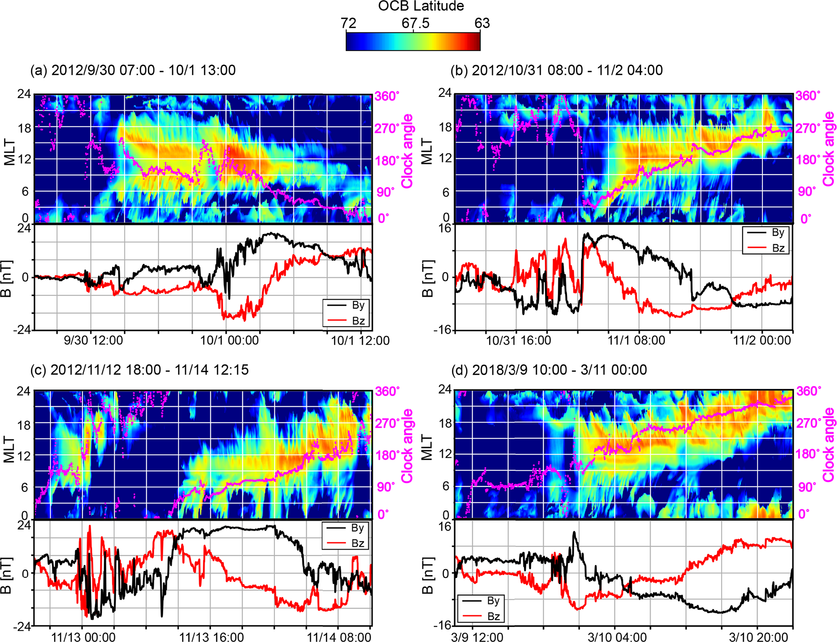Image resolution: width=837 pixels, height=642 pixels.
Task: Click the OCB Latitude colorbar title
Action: pos(421,6)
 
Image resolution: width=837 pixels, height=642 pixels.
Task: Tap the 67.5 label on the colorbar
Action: pos(415,23)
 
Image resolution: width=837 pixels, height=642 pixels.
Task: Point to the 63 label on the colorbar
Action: pos(482,23)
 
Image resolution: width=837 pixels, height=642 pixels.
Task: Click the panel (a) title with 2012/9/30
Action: pos(133,70)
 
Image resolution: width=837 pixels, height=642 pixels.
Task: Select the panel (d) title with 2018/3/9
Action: pos(549,370)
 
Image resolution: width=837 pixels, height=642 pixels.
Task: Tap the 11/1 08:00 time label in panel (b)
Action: pos(636,340)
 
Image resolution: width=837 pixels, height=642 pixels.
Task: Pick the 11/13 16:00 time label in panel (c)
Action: pos(211,637)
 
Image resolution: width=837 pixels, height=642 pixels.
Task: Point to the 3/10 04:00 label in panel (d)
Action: pos(617,637)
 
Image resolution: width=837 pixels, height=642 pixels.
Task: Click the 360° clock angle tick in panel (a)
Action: pos(387,96)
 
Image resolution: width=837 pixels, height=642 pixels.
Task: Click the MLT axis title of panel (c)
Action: pos(9,450)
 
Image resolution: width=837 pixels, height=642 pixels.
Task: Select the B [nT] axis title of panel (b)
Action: pos(428,279)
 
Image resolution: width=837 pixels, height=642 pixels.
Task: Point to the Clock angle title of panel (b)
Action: pos(829,149)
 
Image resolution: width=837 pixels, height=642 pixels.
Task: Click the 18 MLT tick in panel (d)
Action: pos(445,424)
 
